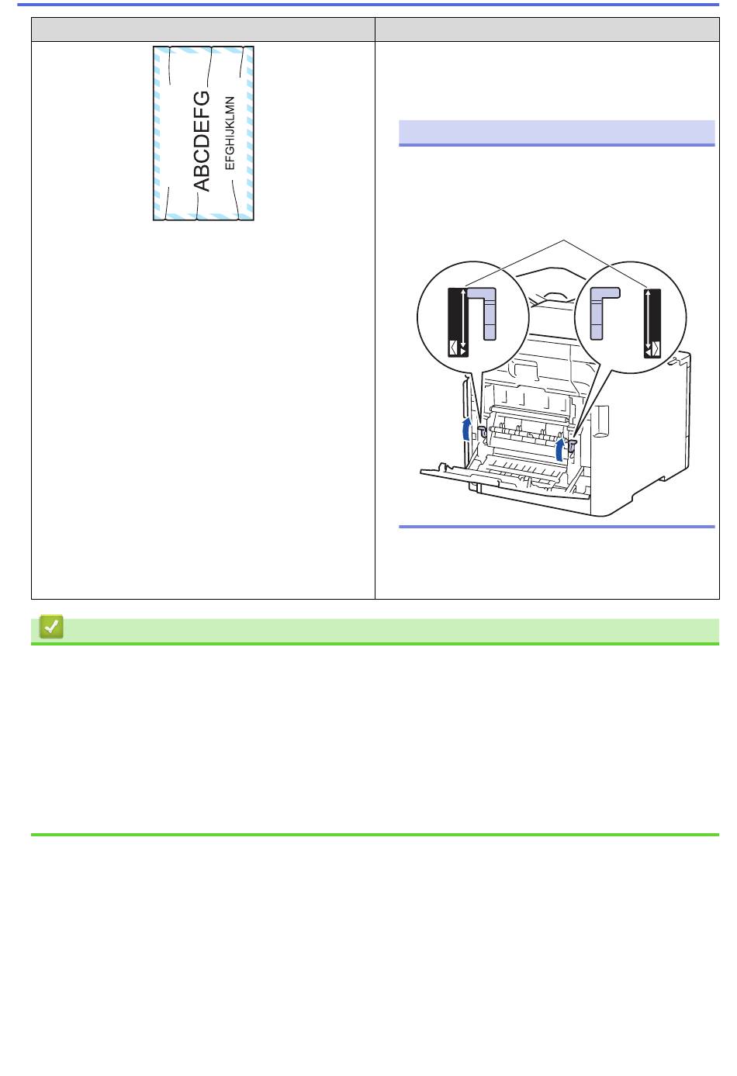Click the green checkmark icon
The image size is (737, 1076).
pyautogui.click(x=51, y=627)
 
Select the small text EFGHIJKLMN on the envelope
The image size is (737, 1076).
pyautogui.click(x=230, y=133)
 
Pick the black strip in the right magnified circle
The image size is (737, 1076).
pyautogui.click(x=652, y=323)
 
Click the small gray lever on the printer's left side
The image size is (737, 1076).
pyautogui.click(x=483, y=431)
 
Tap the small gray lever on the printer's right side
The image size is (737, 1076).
pyautogui.click(x=573, y=445)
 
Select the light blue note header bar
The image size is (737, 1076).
pyautogui.click(x=556, y=132)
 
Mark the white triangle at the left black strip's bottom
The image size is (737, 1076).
pyautogui.click(x=463, y=352)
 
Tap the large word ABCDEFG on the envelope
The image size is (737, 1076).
pyautogui.click(x=202, y=141)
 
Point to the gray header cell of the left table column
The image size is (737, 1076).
pyautogui.click(x=203, y=29)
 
